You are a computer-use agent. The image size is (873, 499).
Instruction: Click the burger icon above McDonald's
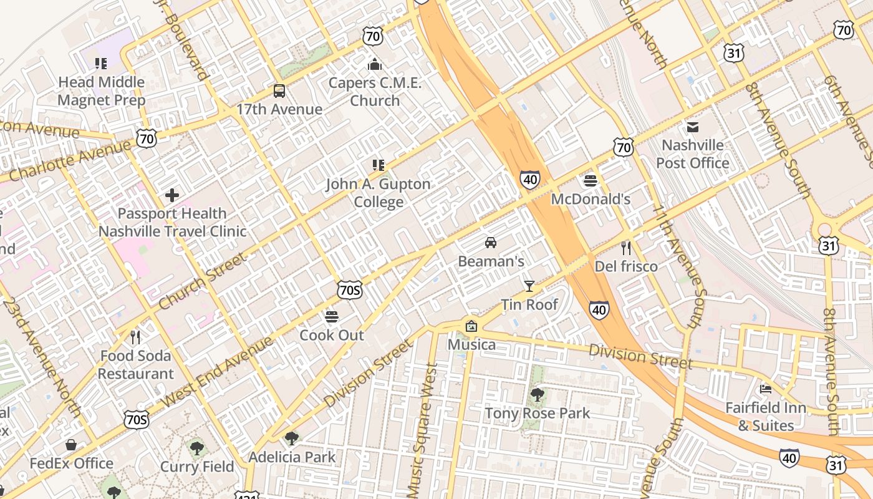pos(591,182)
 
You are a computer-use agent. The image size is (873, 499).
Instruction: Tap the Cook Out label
pos(332,335)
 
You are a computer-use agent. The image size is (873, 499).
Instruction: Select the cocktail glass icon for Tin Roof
pos(529,286)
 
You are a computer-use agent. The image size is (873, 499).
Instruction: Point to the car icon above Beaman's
pos(491,242)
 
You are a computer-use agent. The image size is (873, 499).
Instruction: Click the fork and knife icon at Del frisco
pos(626,248)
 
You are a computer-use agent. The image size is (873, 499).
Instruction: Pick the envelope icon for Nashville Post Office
pos(692,127)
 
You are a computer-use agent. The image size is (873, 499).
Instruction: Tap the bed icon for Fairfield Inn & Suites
pos(766,389)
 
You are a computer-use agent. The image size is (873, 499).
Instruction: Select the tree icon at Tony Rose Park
pos(537,394)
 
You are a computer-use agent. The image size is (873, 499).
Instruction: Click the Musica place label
pos(472,344)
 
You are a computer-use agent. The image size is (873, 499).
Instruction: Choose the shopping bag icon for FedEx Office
pos(71,445)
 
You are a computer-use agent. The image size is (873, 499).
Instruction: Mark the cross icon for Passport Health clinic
pos(172,195)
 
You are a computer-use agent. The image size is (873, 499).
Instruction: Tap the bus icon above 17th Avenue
pos(279,91)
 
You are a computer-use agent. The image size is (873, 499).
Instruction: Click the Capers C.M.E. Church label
pos(375,92)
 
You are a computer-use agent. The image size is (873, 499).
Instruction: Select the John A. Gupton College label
pos(379,193)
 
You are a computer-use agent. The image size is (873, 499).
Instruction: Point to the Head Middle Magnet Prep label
pos(101,90)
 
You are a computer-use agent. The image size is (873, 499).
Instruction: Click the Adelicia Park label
pos(292,457)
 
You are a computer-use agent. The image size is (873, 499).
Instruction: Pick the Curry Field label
pos(197,467)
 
